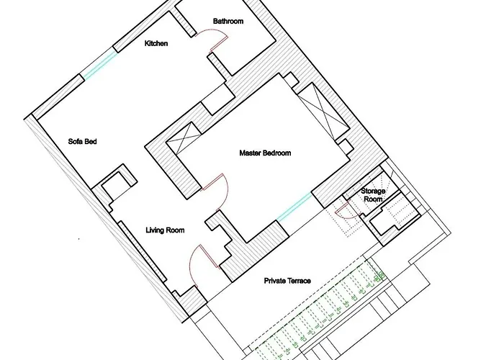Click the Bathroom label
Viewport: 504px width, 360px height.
pos(228,22)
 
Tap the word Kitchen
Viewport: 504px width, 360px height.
pos(156,44)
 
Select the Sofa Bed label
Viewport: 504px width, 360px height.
pos(82,142)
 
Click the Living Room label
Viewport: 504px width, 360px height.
pos(165,230)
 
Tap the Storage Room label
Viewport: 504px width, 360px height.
pos(373,195)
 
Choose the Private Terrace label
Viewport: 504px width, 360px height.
pos(287,281)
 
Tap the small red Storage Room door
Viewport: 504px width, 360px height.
pos(343,210)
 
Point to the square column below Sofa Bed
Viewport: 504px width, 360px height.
pos(115,185)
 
